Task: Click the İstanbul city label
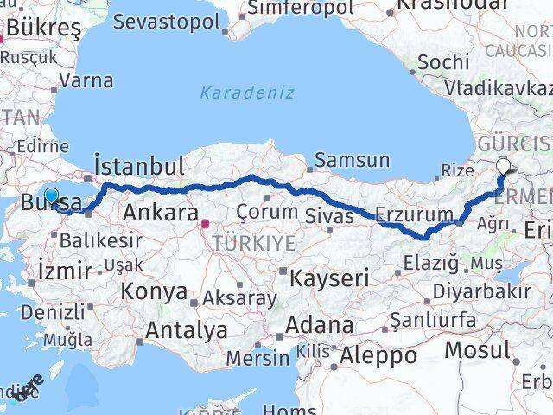[x=138, y=165]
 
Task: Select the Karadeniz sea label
[x=247, y=92]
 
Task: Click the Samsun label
[x=352, y=160]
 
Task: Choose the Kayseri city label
[x=328, y=278]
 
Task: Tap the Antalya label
[x=187, y=329]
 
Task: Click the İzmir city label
[x=65, y=271]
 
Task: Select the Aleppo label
[x=378, y=354]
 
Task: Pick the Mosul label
[x=477, y=349]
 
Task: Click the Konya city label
[x=154, y=291]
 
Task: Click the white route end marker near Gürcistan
[x=505, y=167]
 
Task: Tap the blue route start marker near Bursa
[x=51, y=196]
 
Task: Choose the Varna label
[x=86, y=81]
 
